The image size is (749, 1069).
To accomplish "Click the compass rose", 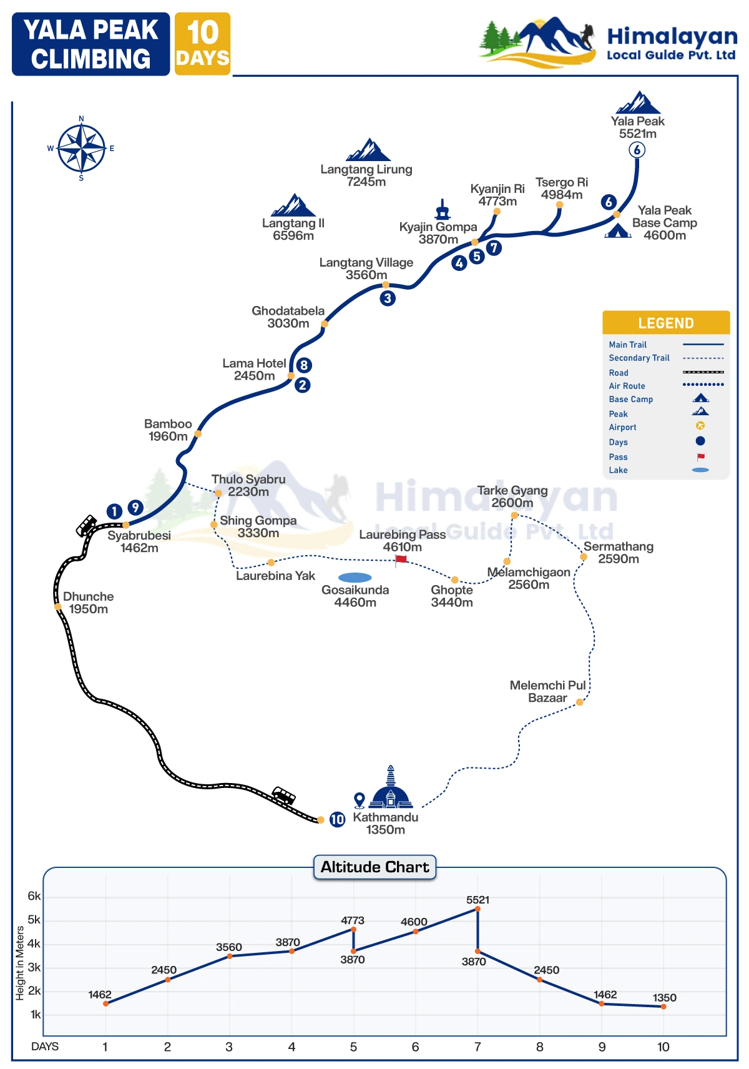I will click(81, 149).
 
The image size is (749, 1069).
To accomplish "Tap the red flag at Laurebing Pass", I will click(401, 559).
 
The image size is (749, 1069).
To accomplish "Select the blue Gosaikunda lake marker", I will click(355, 578).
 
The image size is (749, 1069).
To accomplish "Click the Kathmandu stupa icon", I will click(391, 789).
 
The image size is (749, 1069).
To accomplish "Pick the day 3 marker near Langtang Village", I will click(388, 298).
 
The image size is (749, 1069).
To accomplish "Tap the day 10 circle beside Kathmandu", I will click(337, 819).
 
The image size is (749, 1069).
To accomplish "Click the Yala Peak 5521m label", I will click(637, 127).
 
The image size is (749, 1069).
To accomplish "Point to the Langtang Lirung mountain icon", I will click(368, 150).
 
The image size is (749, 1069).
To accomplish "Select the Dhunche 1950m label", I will click(88, 603).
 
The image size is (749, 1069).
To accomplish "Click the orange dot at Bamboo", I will click(198, 433).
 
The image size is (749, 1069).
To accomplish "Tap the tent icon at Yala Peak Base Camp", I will click(617, 231).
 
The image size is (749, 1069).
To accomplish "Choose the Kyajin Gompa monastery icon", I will click(443, 210).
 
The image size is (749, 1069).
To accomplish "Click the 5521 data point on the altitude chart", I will click(477, 909).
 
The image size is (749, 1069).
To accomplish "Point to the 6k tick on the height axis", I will click(34, 896).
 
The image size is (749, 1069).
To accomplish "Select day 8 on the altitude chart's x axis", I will click(539, 1047).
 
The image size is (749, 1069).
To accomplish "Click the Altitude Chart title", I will click(374, 867).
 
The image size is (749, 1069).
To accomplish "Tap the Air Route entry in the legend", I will click(627, 386).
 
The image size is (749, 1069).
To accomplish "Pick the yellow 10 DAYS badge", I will click(202, 44).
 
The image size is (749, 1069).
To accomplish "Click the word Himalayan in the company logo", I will click(672, 36).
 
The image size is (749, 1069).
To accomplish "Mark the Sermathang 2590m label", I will click(618, 553).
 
